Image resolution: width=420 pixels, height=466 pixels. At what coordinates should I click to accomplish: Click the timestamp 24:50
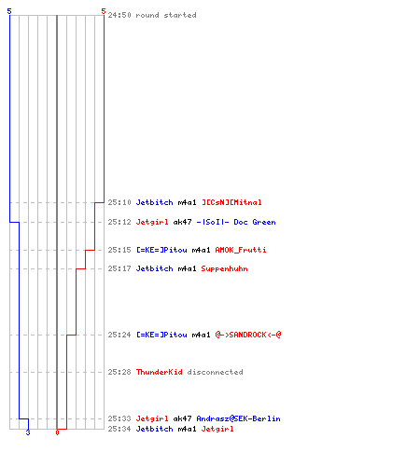click(x=119, y=15)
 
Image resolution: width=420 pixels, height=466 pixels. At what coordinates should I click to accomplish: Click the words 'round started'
click(x=166, y=15)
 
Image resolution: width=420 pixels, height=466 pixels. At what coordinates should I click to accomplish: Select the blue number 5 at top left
click(x=9, y=11)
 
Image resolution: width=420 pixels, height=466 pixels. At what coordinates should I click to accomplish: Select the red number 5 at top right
click(x=104, y=11)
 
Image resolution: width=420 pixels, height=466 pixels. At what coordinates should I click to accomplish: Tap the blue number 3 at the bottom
click(x=28, y=432)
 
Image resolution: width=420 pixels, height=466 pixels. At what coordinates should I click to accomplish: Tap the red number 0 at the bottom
click(x=57, y=432)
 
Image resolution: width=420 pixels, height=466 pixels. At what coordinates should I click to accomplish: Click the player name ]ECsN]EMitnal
click(x=231, y=202)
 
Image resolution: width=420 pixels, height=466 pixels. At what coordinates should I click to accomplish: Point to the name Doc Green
click(x=255, y=222)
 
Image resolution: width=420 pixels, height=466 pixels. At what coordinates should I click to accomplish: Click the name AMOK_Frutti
click(x=241, y=250)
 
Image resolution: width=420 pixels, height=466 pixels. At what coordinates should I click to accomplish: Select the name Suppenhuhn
click(x=224, y=268)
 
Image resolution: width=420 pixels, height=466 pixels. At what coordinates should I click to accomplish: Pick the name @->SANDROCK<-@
click(x=248, y=335)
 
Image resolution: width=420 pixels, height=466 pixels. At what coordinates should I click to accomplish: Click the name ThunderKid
click(x=160, y=372)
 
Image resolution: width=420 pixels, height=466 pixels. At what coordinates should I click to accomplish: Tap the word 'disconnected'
click(x=216, y=372)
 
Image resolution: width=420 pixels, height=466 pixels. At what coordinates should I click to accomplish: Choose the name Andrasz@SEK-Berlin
click(x=238, y=418)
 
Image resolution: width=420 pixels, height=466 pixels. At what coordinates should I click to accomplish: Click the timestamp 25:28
click(x=119, y=372)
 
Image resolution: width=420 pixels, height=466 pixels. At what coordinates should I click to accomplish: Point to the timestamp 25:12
click(x=119, y=222)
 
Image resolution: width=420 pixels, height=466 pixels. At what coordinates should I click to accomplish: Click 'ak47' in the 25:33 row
click(x=182, y=418)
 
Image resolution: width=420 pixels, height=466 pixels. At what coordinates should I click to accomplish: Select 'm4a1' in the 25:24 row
click(x=201, y=335)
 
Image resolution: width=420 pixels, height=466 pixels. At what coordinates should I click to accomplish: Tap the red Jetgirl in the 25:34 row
click(x=217, y=429)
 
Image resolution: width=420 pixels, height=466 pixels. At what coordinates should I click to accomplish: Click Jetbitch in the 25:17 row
click(x=154, y=268)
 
